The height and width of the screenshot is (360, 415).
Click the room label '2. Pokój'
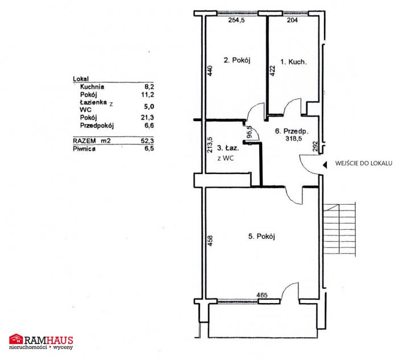tap(237, 60)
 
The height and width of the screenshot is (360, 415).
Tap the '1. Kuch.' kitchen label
tap(293, 62)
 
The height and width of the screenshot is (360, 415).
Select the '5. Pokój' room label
tap(262, 236)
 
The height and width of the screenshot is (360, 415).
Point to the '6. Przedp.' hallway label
tap(292, 131)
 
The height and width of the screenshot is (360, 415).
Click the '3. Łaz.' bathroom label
tap(227, 148)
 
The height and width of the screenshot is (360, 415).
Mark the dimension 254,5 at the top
tap(236, 20)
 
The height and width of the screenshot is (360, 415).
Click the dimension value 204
tap(292, 20)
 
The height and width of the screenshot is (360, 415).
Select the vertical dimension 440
tap(210, 71)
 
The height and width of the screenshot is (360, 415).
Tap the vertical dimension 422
tap(273, 71)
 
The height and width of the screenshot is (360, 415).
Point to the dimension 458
tap(210, 241)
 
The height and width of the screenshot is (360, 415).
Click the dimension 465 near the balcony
tap(262, 295)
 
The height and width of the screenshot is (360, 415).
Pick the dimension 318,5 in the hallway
tap(293, 138)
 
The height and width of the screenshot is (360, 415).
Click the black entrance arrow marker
tap(325, 165)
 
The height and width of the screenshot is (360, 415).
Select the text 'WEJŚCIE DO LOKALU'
tap(364, 163)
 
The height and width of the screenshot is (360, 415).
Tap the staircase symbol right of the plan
tap(339, 229)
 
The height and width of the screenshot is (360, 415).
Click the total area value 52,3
tap(147, 140)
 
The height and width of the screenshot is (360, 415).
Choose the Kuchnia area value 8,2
tap(150, 86)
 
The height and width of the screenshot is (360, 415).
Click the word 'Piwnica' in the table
tap(84, 149)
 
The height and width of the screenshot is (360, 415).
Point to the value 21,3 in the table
tap(147, 117)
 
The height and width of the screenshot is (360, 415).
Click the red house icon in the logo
tap(16, 338)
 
